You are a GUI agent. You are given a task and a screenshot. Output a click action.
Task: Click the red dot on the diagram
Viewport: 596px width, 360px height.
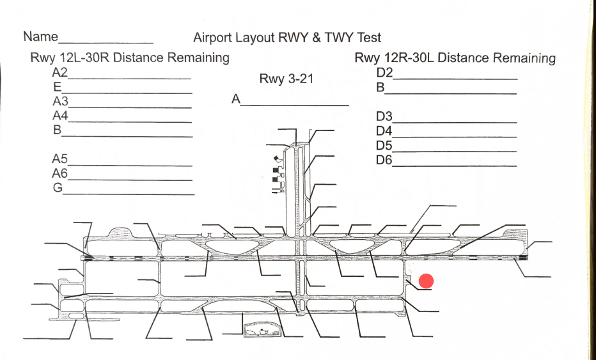pyautogui.click(x=427, y=281)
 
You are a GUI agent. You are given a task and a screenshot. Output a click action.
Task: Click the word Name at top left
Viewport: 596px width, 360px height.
pyautogui.click(x=40, y=36)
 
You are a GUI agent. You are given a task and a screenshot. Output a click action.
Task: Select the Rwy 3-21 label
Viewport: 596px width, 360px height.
pyautogui.click(x=286, y=79)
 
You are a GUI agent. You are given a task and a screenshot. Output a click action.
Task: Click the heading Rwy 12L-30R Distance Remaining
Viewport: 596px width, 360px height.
pyautogui.click(x=130, y=58)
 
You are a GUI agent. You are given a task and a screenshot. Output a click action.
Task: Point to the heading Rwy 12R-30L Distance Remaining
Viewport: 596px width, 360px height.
pyautogui.click(x=455, y=58)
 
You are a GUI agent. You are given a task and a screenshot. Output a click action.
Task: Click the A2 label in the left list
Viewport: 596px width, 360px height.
pyautogui.click(x=60, y=72)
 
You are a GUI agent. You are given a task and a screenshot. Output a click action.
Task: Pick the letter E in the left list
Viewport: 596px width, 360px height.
pyautogui.click(x=57, y=87)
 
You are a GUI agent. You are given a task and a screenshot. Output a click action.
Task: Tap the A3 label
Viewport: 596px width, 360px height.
pyautogui.click(x=60, y=101)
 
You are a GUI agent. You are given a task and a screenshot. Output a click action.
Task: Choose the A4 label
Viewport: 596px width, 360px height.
pyautogui.click(x=60, y=116)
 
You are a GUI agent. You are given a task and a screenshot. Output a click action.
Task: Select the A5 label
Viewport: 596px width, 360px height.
pyautogui.click(x=60, y=159)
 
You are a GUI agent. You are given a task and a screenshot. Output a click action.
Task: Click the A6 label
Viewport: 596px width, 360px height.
pyautogui.click(x=60, y=173)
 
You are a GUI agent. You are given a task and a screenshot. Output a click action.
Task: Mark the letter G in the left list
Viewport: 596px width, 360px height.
pyautogui.click(x=58, y=188)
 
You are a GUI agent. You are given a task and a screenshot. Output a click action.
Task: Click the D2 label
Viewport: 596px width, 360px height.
pyautogui.click(x=384, y=72)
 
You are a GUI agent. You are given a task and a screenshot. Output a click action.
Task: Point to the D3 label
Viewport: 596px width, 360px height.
pyautogui.click(x=384, y=117)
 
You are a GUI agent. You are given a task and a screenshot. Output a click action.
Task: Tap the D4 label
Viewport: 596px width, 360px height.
pyautogui.click(x=384, y=131)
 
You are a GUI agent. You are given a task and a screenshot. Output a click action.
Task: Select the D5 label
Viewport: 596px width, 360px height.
pyautogui.click(x=384, y=145)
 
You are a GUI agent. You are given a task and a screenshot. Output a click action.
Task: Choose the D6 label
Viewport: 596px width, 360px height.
pyautogui.click(x=384, y=159)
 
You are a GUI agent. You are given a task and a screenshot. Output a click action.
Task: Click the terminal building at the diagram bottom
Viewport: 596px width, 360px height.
pyautogui.click(x=262, y=330)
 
